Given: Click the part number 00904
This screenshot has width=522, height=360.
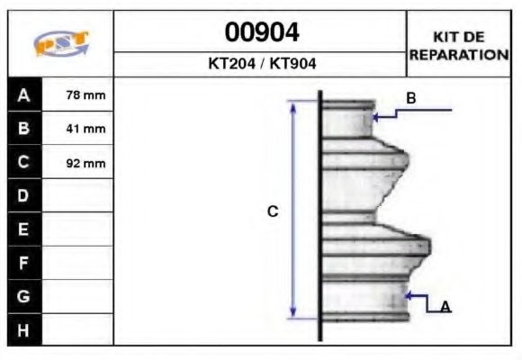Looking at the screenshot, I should [x=261, y=33].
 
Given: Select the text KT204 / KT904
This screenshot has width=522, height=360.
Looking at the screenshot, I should [x=261, y=65].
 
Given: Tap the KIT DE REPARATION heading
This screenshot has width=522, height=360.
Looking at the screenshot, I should [x=459, y=45].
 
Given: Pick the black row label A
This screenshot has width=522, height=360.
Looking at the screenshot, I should [x=23, y=94].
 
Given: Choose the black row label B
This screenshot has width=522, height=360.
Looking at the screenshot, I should [x=23, y=129].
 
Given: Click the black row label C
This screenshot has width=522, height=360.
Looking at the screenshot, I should [x=23, y=163].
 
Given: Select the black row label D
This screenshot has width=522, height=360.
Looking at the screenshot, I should [x=23, y=196].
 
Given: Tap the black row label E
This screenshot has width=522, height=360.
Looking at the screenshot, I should [x=23, y=230].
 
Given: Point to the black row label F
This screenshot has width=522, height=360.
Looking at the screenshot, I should [x=23, y=264].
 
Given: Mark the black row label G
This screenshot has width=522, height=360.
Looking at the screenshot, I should [x=23, y=297].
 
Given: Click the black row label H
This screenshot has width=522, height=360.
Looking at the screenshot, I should [x=23, y=330].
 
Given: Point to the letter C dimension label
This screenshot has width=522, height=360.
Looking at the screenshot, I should [x=273, y=211].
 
